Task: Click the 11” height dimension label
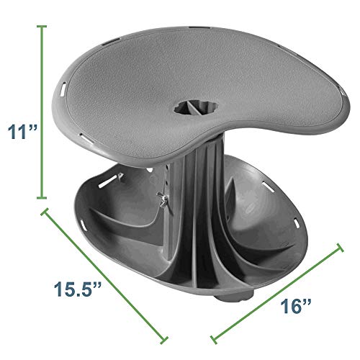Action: (x=22, y=132)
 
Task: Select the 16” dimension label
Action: (x=296, y=306)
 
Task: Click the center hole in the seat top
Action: (x=196, y=108)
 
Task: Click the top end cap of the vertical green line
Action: (x=42, y=27)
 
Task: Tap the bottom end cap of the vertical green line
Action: (x=42, y=197)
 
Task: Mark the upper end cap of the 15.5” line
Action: (x=45, y=211)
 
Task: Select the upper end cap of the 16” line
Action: (x=340, y=248)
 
